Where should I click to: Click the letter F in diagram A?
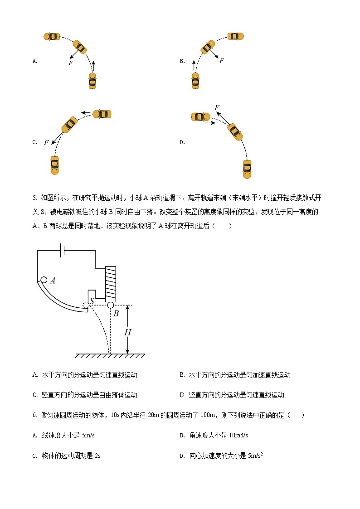[x=70, y=63]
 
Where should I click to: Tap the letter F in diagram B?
[x=221, y=60]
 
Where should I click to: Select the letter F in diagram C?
[x=46, y=142]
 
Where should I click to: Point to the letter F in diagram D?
[x=217, y=107]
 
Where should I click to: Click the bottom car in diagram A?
[x=92, y=81]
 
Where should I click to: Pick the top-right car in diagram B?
[x=236, y=36]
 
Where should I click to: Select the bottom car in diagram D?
[x=247, y=168]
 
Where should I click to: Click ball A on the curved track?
[x=44, y=280]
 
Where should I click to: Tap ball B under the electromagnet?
[x=110, y=305]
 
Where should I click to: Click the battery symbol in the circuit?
[x=63, y=250]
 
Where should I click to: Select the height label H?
[x=128, y=332]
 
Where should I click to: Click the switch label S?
[x=92, y=301]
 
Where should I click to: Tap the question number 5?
[x=34, y=198]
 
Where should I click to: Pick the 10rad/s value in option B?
[x=238, y=436]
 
